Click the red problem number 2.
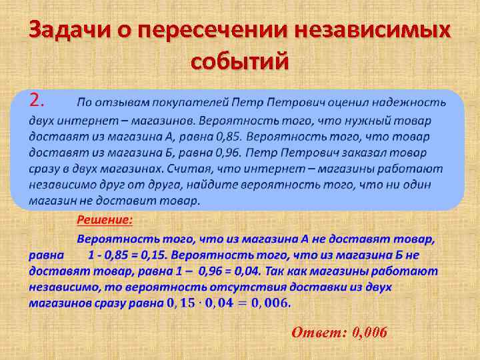[x=37, y=101]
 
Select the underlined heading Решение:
[x=105, y=219]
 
